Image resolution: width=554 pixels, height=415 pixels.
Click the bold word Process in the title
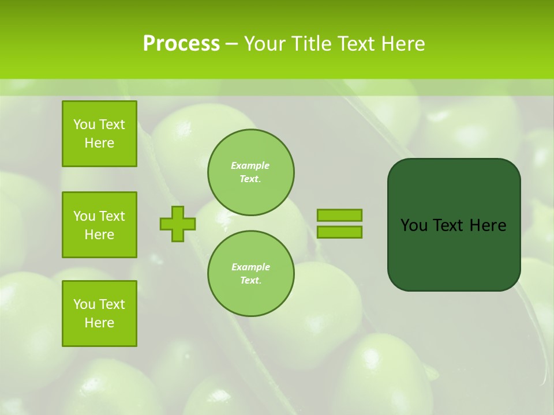[181, 44]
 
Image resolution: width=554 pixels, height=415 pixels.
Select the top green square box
[99, 134]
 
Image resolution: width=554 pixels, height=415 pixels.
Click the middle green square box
[99, 225]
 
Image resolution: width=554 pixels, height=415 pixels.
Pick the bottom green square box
[99, 314]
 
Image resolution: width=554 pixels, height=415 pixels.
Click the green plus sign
[177, 224]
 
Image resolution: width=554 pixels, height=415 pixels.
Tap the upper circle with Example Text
[250, 172]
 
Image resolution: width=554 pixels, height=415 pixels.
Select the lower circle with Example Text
[250, 274]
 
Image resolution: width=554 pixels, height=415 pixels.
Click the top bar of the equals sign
[339, 216]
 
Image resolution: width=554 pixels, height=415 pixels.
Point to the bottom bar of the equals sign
[339, 232]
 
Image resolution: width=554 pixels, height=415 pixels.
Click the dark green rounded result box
[454, 254]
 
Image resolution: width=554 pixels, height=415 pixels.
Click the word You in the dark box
[413, 225]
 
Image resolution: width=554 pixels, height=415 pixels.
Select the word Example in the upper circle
[250, 165]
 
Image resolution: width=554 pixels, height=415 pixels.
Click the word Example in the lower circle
[250, 267]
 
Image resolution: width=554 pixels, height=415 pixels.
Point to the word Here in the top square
[99, 143]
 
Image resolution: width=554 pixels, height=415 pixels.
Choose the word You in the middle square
[84, 216]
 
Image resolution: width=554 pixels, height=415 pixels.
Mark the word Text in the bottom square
[112, 304]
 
